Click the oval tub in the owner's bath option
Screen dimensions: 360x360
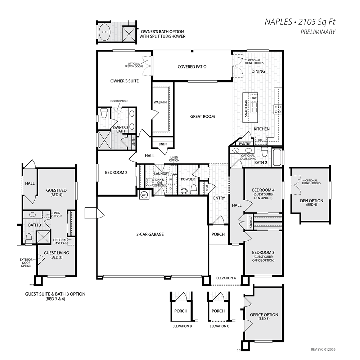pos(104,32)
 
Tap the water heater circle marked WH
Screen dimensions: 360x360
pos(144,195)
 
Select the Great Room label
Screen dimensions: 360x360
pos(202,116)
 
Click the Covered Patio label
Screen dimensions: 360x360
pos(192,67)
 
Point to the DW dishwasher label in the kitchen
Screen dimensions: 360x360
pos(254,98)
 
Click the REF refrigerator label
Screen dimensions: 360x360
pos(261,140)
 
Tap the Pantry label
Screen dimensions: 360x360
pos(245,144)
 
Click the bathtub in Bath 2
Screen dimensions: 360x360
pos(277,157)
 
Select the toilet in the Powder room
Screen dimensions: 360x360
pos(194,189)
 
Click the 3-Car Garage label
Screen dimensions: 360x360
pos(150,234)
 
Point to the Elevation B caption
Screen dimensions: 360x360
pos(182,326)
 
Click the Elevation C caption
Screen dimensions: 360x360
pos(219,326)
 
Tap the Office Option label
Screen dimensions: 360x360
pos(264,315)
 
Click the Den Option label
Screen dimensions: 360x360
pos(311,201)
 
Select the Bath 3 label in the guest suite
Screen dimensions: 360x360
pos(35,225)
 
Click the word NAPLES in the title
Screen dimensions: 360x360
pos(278,22)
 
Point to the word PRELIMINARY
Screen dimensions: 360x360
pos(318,32)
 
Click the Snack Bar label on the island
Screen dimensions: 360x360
pos(246,108)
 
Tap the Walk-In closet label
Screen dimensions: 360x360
pos(160,102)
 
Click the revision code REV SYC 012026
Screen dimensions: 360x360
pos(323,350)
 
